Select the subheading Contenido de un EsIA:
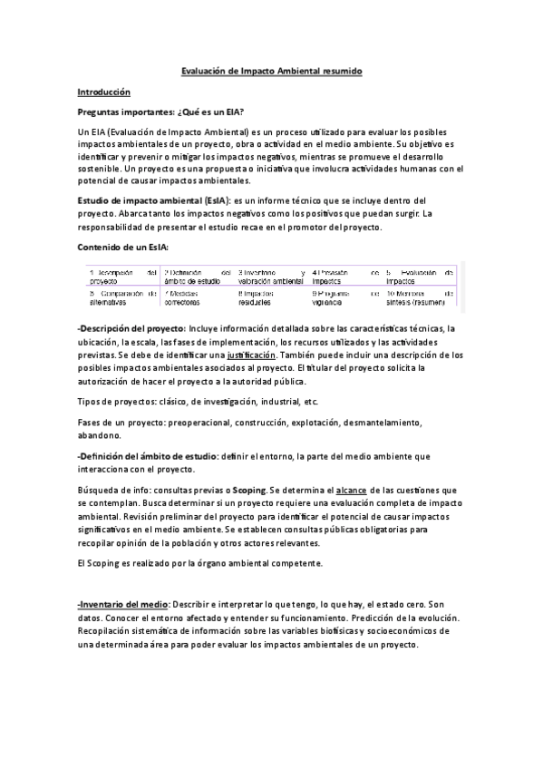click(122, 246)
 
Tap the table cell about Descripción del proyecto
click(122, 277)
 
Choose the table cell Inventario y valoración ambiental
click(270, 277)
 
